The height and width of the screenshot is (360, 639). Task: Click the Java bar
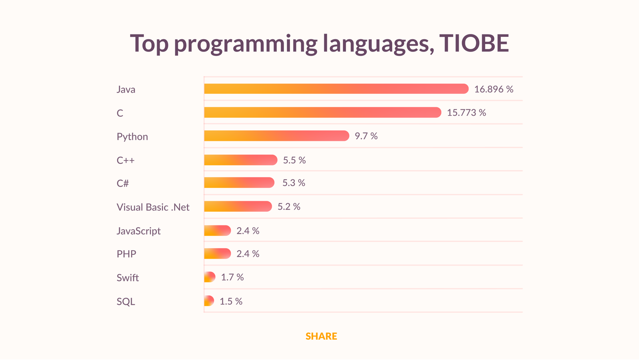coord(336,89)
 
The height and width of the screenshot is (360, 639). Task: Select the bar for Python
coord(276,136)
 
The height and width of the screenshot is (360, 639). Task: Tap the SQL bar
coord(209,301)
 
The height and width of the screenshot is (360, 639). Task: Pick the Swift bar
coord(210,277)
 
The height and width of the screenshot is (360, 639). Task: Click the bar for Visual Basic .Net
coord(238,207)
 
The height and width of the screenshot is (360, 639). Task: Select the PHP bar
coord(217,254)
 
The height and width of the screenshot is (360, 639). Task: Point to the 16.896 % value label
coord(494,89)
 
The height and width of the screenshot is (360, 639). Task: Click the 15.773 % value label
coord(466,113)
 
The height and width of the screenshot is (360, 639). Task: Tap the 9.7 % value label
coord(366,136)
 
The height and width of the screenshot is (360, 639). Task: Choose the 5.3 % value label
coord(294,183)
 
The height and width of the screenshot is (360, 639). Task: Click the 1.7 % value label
coord(232,277)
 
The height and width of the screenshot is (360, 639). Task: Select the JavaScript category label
coord(139,231)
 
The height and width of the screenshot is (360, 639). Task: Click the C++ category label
coord(125,160)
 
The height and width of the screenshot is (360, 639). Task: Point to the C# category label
coord(123,183)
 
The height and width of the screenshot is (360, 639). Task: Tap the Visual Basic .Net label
coord(153,207)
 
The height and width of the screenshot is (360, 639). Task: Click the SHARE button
coord(321,336)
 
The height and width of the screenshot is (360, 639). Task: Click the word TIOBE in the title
coord(474,43)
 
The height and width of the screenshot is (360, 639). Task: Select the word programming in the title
coord(246,44)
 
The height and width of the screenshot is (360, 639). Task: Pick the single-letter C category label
coord(120,113)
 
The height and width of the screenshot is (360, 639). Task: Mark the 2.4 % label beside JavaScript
coord(248,231)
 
